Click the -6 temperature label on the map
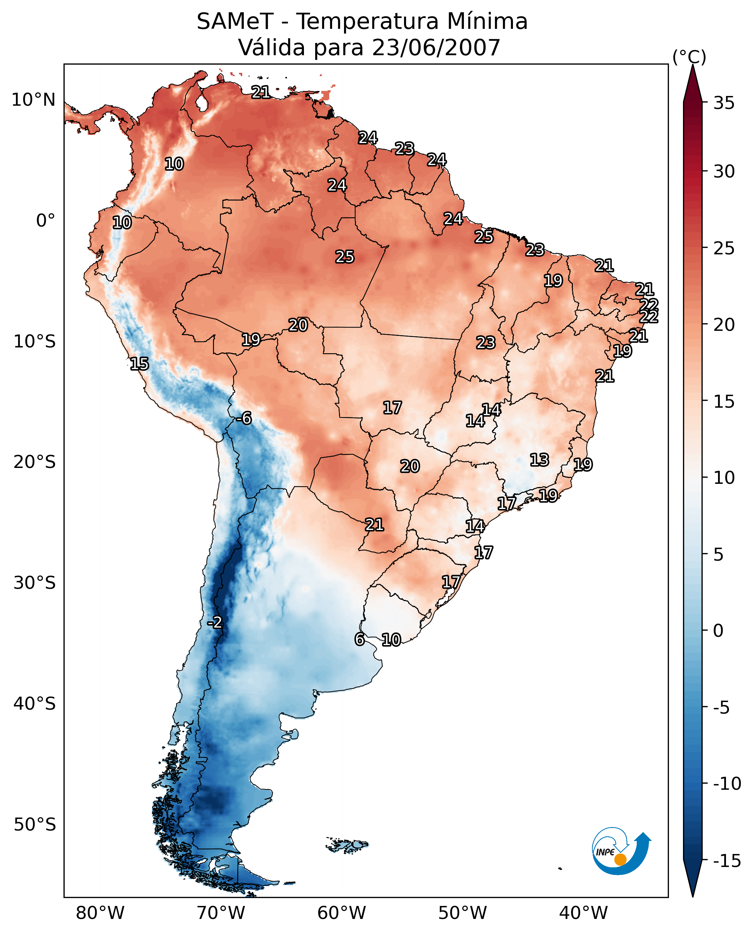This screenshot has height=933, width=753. click(x=244, y=419)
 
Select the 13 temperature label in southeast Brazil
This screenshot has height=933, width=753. click(x=539, y=460)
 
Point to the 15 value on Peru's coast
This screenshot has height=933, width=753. click(x=139, y=363)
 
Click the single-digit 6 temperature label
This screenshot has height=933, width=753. click(x=359, y=639)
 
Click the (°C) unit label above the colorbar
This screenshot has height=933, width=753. click(x=689, y=57)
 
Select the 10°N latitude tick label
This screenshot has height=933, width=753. click(x=34, y=100)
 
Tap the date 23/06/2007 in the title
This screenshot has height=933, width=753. click(x=436, y=47)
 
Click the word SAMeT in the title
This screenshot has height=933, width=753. click(x=235, y=21)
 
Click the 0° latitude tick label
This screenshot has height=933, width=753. click(x=45, y=221)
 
